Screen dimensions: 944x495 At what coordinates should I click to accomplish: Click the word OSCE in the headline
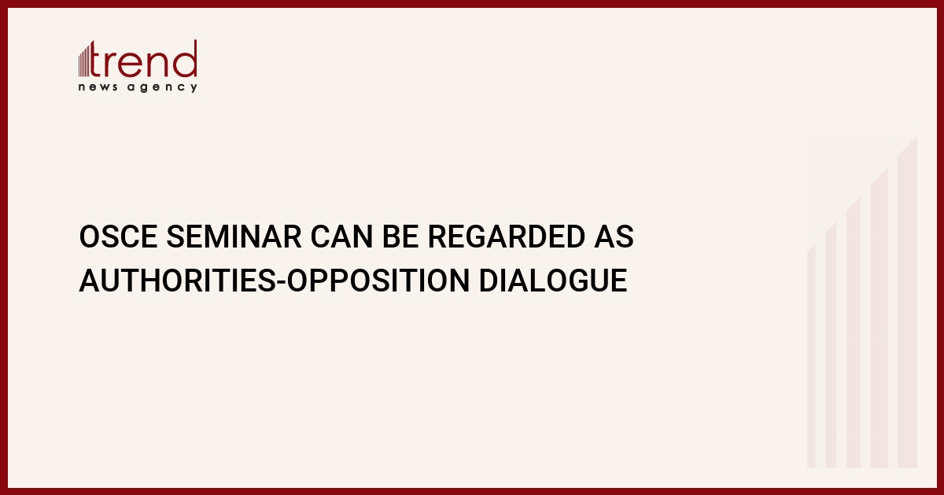119,236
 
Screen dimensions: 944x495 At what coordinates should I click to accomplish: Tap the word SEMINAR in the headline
234,236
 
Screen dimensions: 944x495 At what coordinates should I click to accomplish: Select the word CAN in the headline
341,236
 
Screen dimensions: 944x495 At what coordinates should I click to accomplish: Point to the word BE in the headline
400,236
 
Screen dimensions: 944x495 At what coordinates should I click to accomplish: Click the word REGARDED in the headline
507,236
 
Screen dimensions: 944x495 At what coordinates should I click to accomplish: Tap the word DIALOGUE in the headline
553,280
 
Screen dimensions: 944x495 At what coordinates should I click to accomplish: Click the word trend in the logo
143,59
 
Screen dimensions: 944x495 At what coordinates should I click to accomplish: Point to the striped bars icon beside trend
84,60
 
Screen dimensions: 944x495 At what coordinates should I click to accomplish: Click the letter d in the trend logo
184,59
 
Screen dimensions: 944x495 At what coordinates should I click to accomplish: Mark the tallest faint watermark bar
907,302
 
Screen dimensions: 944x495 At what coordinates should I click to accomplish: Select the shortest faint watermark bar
811,357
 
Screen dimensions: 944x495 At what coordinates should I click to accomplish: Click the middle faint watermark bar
854,332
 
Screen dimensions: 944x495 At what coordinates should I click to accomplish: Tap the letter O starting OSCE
89,236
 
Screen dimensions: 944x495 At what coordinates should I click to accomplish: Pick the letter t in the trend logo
96,59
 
